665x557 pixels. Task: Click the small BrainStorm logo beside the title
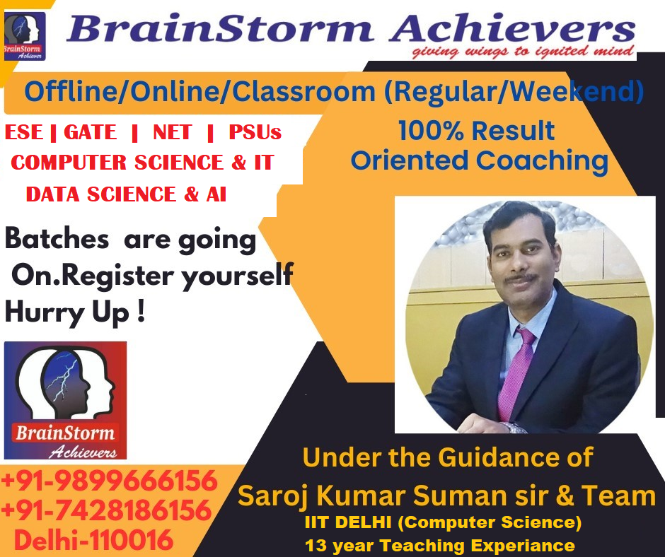(24, 36)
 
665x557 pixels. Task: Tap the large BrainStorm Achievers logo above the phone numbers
(65, 400)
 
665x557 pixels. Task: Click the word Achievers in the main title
(512, 29)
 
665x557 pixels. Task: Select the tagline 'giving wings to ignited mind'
(523, 52)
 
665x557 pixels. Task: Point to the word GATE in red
(90, 132)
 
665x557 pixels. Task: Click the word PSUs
(255, 132)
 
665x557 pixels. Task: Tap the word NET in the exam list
(172, 132)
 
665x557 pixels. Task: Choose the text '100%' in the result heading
(431, 130)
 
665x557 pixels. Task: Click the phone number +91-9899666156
(109, 481)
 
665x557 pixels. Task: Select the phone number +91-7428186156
(106, 510)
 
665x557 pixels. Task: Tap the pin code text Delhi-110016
(93, 540)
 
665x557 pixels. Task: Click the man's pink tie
(515, 374)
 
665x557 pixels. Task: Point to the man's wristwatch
(514, 428)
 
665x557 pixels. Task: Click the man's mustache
(521, 278)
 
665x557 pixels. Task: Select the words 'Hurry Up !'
(75, 313)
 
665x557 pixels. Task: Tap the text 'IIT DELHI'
(348, 522)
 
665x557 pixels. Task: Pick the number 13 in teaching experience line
(315, 546)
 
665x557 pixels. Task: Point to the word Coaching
(543, 161)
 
